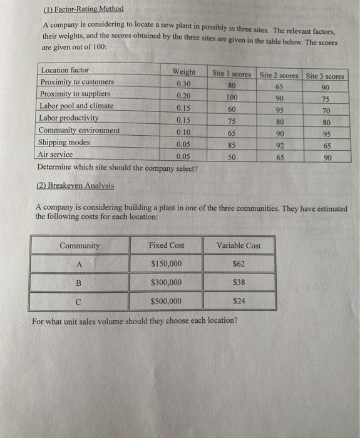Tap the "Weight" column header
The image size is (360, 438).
click(x=184, y=72)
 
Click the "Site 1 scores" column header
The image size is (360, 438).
click(x=232, y=74)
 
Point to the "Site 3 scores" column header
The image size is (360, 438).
click(x=325, y=76)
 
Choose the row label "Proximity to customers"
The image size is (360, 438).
click(x=77, y=82)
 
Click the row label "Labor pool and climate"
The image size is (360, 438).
click(x=76, y=106)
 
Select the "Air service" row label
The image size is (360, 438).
click(x=55, y=155)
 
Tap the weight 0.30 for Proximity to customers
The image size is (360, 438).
click(x=184, y=84)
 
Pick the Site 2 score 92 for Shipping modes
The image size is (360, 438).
click(x=280, y=146)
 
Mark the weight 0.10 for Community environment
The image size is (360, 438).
click(x=183, y=132)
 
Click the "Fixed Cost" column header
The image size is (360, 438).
click(x=167, y=245)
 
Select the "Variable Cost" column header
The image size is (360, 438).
click(x=239, y=245)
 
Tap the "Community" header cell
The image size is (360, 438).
click(x=80, y=245)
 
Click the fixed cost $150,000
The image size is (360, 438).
click(x=167, y=264)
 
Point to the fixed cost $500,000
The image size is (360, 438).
click(x=167, y=301)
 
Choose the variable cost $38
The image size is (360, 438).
click(x=239, y=282)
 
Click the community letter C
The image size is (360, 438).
click(x=77, y=301)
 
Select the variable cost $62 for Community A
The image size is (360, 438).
click(x=239, y=264)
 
